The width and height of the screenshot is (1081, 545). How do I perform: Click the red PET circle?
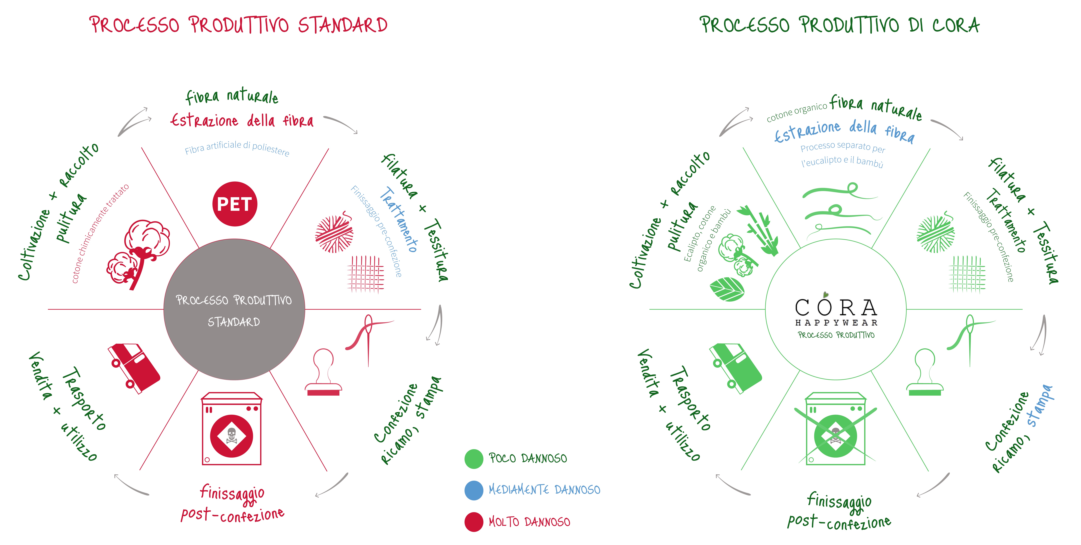point(235,204)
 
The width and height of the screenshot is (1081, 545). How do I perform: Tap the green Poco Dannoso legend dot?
point(474,459)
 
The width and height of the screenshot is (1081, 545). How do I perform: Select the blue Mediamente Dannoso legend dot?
point(474,490)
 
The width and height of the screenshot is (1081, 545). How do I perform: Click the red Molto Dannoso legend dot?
point(474,522)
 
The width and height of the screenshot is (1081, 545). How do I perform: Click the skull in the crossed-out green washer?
point(836,436)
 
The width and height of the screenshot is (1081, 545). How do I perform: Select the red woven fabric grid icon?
point(365,274)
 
